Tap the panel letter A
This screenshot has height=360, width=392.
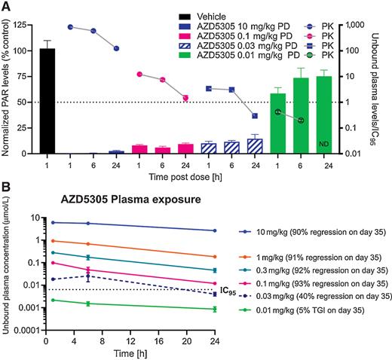pyautogui.click(x=5, y=6)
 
